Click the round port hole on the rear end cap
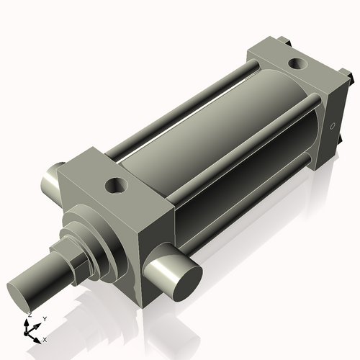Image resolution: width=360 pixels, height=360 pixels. (296, 64)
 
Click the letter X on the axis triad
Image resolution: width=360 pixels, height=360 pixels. (45, 338)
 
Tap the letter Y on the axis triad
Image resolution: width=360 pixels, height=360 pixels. (44, 318)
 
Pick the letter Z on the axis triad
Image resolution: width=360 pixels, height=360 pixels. (28, 315)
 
